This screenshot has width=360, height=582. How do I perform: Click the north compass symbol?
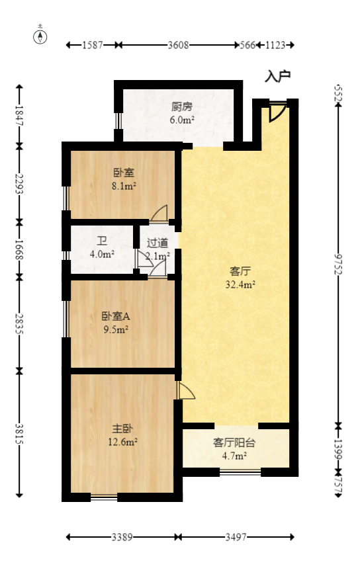40,36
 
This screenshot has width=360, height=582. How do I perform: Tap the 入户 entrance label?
277,76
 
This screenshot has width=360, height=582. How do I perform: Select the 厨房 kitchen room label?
181,106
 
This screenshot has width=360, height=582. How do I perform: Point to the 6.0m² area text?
181,120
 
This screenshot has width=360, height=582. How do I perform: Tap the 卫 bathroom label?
103,241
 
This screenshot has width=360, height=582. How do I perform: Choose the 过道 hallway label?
157,243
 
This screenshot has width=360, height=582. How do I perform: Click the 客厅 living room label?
240,271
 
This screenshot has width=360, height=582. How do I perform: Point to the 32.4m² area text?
240,285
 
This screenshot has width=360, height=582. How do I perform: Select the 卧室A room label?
111,315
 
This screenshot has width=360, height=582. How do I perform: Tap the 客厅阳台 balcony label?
234,442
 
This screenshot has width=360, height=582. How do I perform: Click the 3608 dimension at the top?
179,45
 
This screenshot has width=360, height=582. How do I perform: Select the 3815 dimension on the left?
20,433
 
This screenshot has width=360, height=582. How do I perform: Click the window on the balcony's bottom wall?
240,472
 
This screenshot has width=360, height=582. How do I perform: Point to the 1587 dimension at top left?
93,45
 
